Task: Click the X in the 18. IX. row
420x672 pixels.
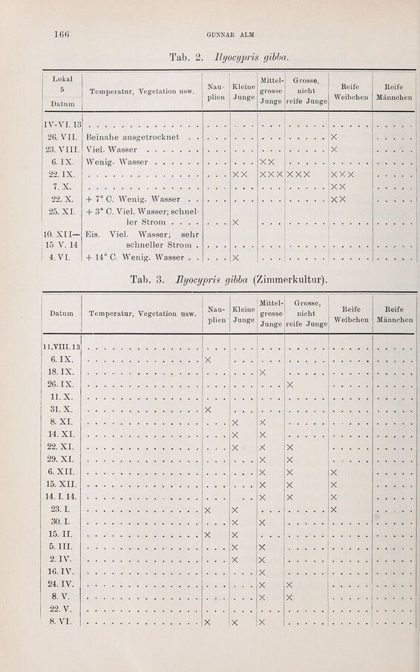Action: click(x=263, y=372)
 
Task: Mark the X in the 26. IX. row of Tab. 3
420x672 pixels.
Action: click(x=290, y=385)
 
